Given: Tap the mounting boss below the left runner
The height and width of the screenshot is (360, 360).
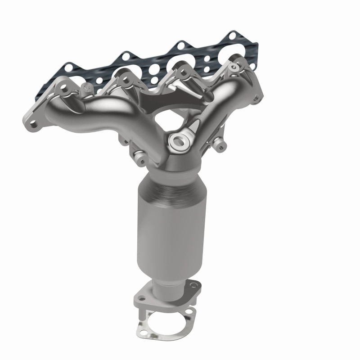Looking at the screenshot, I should tap(139, 158).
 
